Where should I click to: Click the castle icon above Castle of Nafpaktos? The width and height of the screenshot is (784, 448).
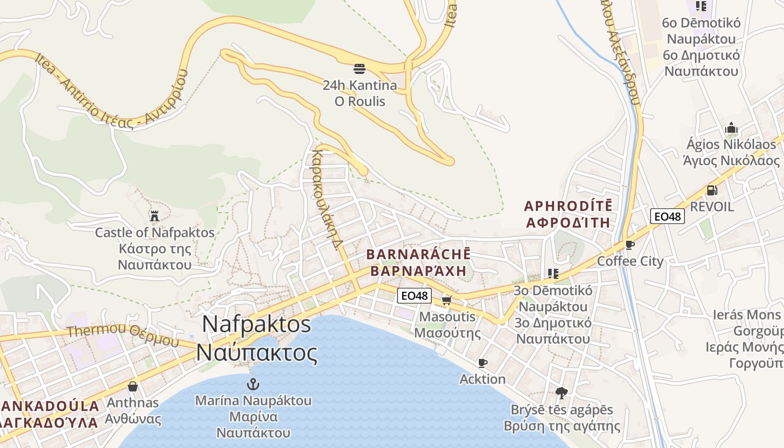155,216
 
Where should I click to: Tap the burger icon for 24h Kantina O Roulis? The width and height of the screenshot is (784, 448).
360,69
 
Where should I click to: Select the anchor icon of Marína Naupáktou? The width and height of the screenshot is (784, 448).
253,384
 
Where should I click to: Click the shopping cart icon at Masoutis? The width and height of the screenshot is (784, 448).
446,301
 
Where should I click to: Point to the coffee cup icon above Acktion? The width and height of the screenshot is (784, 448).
482,363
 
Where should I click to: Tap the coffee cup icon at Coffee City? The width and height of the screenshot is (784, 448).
630,245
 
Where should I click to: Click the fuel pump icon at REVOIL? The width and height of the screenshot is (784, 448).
712,190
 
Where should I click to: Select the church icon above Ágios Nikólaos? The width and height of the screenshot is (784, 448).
731,128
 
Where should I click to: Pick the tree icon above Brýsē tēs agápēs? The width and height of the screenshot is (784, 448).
562,393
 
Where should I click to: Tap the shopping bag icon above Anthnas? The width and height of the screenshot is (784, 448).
133,386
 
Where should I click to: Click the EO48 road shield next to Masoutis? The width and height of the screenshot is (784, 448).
414,296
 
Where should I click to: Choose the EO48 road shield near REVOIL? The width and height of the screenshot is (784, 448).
668,216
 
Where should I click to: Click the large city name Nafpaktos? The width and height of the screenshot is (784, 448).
256,324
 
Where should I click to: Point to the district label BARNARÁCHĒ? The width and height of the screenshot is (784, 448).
418,254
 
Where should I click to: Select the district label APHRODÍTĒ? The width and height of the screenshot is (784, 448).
568,206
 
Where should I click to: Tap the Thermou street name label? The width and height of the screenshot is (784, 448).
90,331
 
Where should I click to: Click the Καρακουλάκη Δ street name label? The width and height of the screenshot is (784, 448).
328,199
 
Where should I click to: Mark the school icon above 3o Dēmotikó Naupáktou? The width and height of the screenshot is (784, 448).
553,274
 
